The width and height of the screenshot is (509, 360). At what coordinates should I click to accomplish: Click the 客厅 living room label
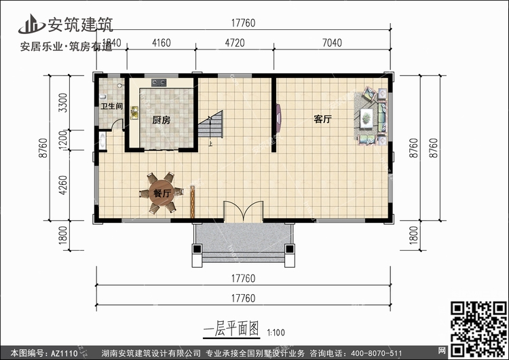[322, 120]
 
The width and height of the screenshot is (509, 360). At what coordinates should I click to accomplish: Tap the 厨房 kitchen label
[162, 120]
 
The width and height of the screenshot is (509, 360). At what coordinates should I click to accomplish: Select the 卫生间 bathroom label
[111, 106]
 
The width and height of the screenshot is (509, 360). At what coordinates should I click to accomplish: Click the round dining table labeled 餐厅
[162, 193]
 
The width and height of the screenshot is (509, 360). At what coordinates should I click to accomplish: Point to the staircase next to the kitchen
[210, 124]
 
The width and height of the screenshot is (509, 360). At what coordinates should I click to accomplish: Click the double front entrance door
[243, 211]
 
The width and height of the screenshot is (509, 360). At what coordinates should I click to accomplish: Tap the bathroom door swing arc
[117, 124]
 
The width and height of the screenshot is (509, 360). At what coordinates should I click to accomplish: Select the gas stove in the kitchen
[159, 82]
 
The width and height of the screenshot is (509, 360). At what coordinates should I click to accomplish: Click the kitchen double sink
[134, 113]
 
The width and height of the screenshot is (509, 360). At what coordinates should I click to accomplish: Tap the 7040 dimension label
[332, 43]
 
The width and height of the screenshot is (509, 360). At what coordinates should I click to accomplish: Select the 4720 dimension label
[235, 43]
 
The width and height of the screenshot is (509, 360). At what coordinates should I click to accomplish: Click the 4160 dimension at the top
[162, 43]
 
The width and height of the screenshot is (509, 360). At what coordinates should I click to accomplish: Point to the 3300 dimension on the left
[63, 103]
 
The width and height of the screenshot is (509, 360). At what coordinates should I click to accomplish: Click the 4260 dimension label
[63, 185]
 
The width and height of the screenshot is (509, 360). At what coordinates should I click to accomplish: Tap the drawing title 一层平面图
[231, 329]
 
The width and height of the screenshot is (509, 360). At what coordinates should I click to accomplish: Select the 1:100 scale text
[276, 333]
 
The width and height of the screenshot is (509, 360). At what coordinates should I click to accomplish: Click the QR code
[478, 329]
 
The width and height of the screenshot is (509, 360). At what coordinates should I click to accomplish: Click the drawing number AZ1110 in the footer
[64, 353]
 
